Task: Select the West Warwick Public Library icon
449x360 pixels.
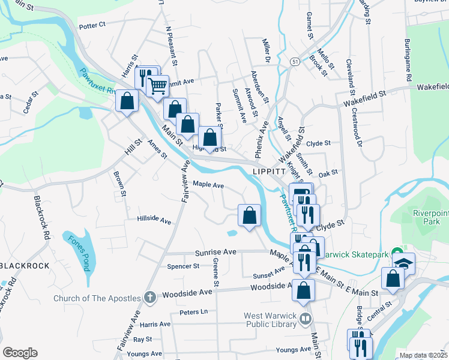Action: (306, 318)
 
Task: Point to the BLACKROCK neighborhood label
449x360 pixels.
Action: (24, 265)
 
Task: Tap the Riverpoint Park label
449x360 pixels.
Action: (427, 217)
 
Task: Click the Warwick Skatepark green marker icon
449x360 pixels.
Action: (396, 253)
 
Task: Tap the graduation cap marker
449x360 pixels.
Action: (404, 262)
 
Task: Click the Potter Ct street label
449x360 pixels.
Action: (92, 25)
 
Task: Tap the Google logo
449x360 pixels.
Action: (20, 353)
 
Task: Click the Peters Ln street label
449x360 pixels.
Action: (193, 312)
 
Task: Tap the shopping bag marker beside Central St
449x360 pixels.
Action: (393, 278)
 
